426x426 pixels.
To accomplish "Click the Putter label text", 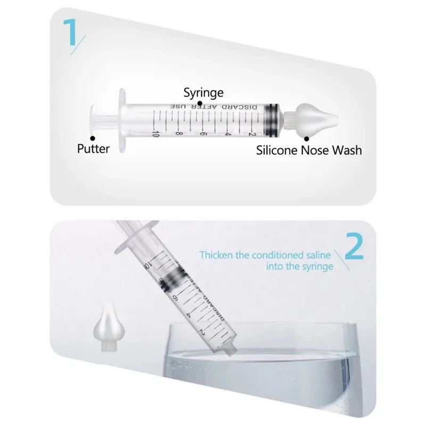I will click(93, 149).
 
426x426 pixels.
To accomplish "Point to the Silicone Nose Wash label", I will click(309, 150).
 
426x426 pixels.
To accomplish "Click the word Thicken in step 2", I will click(217, 255).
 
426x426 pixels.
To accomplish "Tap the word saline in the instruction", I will click(316, 255).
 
